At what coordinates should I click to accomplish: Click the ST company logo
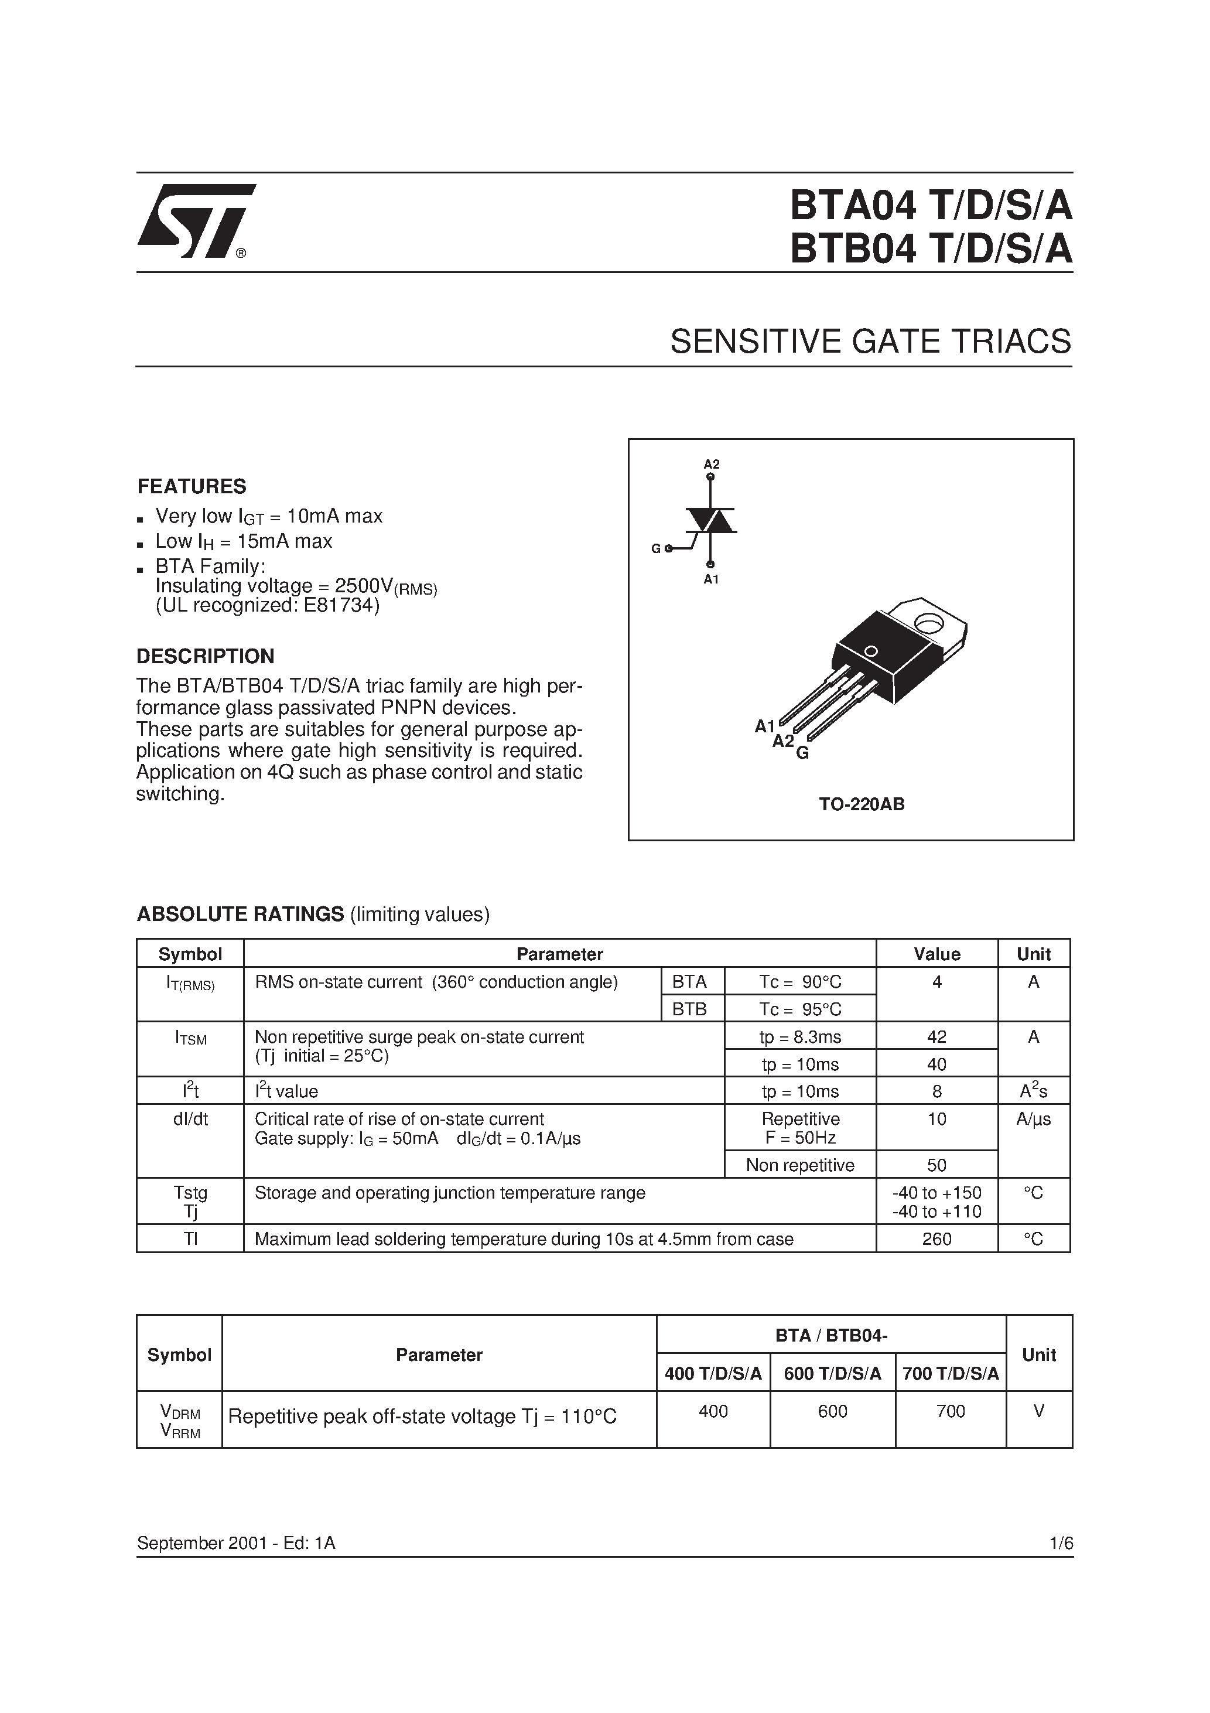pos(196,221)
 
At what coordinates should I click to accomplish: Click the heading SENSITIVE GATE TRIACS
pos(870,342)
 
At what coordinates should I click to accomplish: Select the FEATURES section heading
pos(192,486)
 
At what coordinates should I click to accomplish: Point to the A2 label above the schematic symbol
pos(712,464)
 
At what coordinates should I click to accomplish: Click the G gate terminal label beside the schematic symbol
pos(656,548)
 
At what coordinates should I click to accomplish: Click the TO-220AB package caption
pos(862,804)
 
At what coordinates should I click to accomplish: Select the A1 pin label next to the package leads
pos(765,726)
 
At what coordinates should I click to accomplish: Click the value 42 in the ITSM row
pos(936,1036)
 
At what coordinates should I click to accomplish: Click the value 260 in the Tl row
pos(936,1238)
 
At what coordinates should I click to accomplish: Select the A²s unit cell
pos(1033,1091)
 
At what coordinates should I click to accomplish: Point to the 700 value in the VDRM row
pos(951,1411)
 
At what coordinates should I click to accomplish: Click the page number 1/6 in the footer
pos(1061,1543)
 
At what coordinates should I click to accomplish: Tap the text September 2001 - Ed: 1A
pos(236,1543)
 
